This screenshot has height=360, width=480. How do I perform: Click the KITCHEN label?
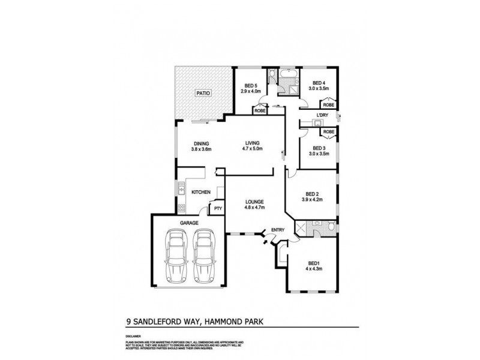tap(200, 192)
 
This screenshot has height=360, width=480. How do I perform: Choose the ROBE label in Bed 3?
tap(328, 131)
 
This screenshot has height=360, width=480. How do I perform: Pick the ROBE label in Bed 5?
tap(260, 110)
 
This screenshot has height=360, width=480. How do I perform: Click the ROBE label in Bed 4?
tap(328, 104)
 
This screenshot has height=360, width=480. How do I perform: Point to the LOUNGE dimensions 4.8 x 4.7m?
tap(255, 208)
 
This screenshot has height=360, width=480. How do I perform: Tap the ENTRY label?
tap(277, 230)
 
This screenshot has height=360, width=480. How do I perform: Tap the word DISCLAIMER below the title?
tap(133, 337)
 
